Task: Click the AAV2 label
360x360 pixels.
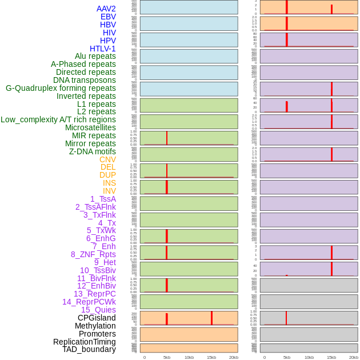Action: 106,9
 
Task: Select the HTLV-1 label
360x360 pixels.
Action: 102,49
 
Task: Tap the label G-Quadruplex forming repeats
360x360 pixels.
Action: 61,88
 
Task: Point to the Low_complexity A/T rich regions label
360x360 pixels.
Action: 58,119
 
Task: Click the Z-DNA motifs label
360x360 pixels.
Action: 92,151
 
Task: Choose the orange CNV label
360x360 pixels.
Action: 107,159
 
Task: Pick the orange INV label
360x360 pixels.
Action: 109,191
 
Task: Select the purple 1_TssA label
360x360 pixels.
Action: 103,199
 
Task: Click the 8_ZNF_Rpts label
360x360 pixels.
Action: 93,254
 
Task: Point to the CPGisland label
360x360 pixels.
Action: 97,318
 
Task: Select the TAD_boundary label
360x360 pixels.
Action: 89,349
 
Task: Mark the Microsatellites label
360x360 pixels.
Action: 90,127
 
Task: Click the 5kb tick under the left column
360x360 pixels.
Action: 167,357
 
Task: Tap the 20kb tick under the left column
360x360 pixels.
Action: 234,357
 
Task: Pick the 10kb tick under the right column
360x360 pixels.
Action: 309,357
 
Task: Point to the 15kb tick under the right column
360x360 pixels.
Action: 331,357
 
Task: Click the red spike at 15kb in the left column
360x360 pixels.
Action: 211,318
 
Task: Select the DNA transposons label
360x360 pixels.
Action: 85,80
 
